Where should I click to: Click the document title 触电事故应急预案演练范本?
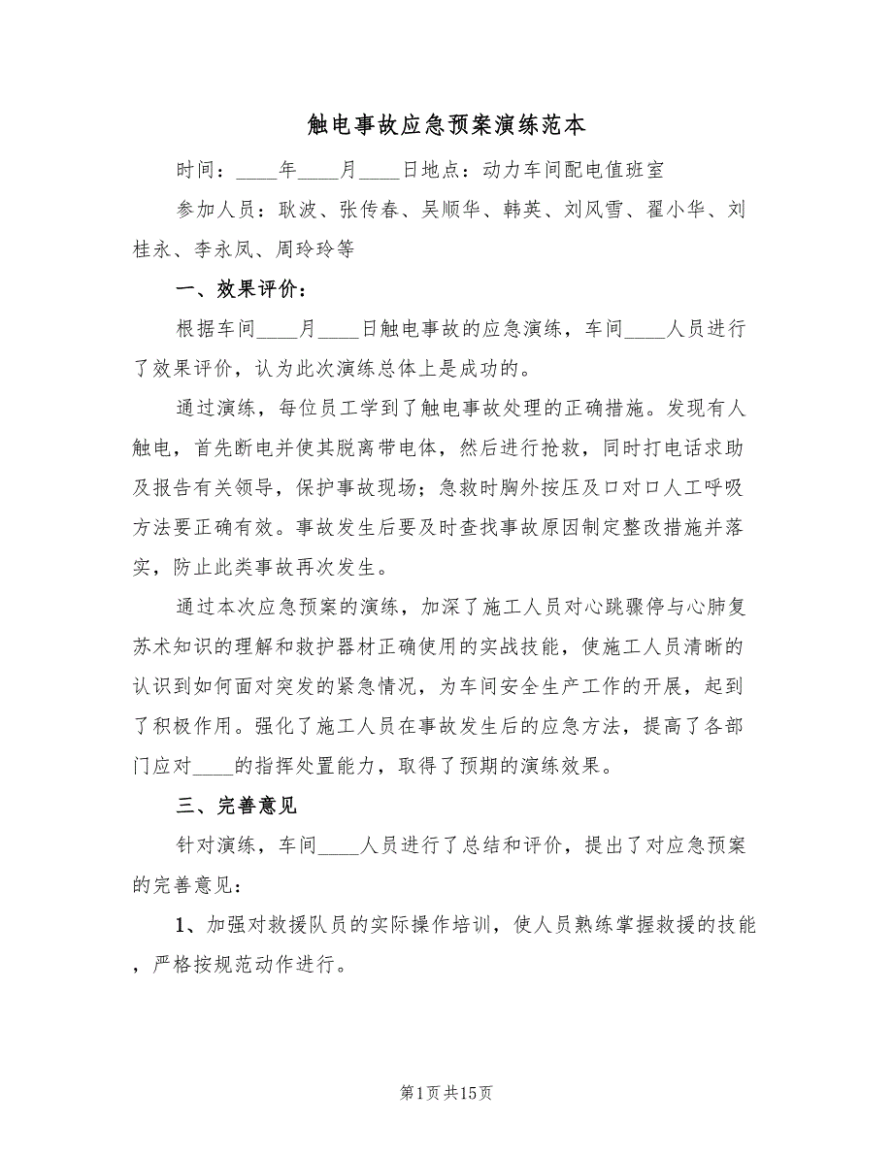pyautogui.click(x=446, y=126)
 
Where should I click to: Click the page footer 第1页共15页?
pyautogui.click(x=446, y=1093)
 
